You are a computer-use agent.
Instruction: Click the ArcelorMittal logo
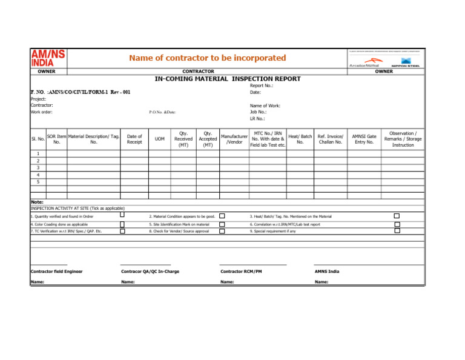tap(363, 64)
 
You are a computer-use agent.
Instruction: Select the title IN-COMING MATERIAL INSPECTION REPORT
tap(228, 79)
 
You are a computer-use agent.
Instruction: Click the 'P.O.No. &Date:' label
tap(162, 112)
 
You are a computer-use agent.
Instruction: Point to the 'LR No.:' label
tap(258, 119)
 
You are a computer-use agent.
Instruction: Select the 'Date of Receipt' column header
tap(135, 140)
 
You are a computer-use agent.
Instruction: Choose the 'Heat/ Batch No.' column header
tap(300, 140)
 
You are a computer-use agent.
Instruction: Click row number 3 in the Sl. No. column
tap(38, 167)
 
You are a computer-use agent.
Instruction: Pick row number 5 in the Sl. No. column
tap(38, 181)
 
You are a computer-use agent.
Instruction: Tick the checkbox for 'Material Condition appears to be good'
tap(222, 216)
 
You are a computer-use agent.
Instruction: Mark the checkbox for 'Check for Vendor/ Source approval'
tap(222, 231)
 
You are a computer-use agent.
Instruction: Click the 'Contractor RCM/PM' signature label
tap(241, 272)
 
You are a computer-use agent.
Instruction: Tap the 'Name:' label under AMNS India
tap(322, 282)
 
